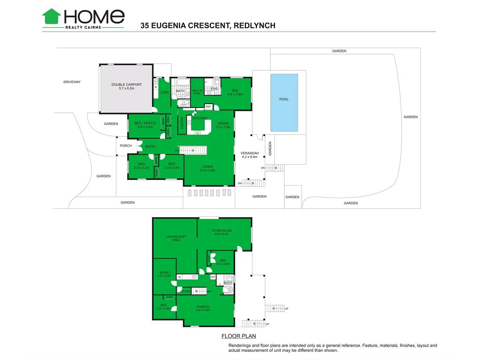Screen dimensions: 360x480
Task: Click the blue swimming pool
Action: pyautogui.click(x=284, y=102)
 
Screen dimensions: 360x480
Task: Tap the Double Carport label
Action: pyautogui.click(x=126, y=86)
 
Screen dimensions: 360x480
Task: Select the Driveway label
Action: pyautogui.click(x=72, y=82)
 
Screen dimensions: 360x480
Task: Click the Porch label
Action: pyautogui.click(x=126, y=146)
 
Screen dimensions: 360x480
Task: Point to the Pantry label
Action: pyautogui.click(x=182, y=122)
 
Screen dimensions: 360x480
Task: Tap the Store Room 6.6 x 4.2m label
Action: pyautogui.click(x=222, y=232)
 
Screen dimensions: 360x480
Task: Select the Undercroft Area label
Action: pyautogui.click(x=176, y=238)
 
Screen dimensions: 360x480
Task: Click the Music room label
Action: pyautogui.click(x=164, y=274)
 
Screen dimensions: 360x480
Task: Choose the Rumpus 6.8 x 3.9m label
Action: pyautogui.click(x=203, y=309)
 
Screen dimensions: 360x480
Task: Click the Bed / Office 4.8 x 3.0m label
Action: pyautogui.click(x=144, y=125)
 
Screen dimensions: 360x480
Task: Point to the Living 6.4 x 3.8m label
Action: pyautogui.click(x=207, y=168)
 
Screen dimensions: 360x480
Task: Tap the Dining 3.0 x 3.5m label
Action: pyautogui.click(x=223, y=125)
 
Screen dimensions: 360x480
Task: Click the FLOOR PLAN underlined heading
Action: pyautogui.click(x=238, y=336)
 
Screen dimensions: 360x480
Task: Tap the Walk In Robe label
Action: pyautogui.click(x=196, y=92)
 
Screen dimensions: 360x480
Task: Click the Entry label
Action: pyautogui.click(x=150, y=146)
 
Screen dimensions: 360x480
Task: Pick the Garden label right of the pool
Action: pyautogui.click(x=410, y=117)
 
